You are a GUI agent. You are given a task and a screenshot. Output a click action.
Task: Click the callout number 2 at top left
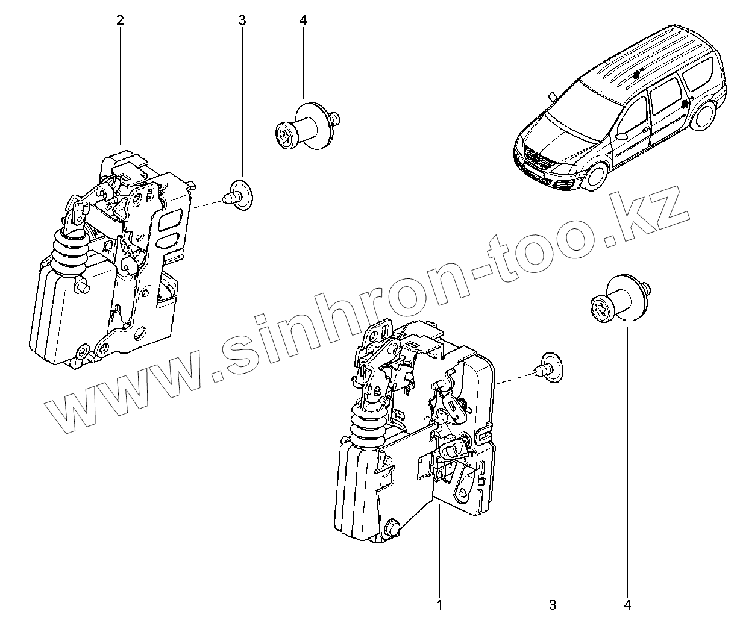[x=120, y=20]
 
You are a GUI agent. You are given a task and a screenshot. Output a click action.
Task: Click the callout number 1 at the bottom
[x=440, y=603]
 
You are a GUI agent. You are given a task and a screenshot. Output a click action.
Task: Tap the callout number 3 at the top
[x=242, y=20]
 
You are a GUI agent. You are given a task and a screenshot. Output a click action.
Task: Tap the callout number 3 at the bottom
[x=553, y=603]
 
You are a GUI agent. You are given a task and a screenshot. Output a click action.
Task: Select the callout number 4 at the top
[x=303, y=20]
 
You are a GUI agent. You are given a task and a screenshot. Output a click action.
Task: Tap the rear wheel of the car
[x=701, y=117]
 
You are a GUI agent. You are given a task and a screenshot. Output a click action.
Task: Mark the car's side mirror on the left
[x=552, y=96]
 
